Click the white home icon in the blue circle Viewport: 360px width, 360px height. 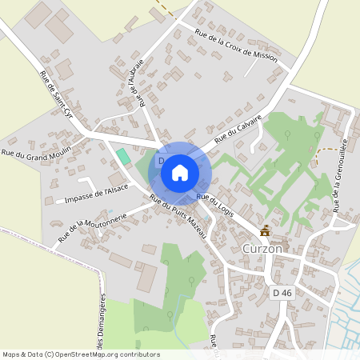180,172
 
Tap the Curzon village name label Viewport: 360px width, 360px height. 262,250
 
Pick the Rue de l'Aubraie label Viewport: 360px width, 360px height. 136,82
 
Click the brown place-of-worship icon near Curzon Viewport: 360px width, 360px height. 265,231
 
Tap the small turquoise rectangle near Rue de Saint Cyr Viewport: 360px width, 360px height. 123,157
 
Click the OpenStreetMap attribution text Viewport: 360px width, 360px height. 80,354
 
